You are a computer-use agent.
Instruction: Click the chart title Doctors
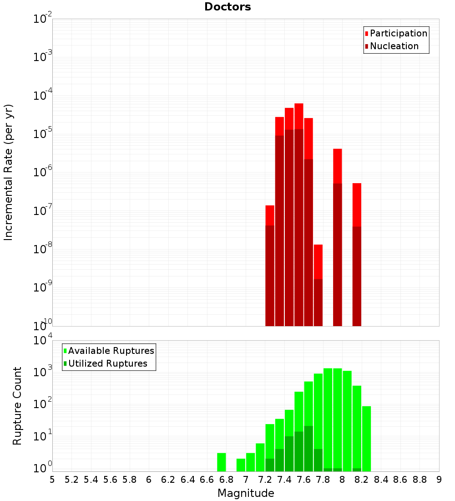[227, 7]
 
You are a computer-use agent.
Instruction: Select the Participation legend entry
[399, 34]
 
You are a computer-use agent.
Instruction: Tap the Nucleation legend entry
[394, 46]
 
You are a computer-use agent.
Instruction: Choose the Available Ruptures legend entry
[111, 351]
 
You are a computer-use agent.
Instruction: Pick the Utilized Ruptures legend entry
[107, 363]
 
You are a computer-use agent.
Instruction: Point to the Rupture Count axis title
[17, 406]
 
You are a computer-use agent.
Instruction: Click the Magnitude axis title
[246, 493]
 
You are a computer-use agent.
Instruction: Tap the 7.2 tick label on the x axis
[265, 480]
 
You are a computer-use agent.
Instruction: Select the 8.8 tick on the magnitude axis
[420, 480]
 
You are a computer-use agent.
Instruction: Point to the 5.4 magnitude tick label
[91, 480]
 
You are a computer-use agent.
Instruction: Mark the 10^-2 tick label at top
[42, 19]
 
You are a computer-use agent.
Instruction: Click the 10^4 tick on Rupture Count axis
[42, 341]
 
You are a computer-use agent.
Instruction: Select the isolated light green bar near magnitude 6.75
[222, 462]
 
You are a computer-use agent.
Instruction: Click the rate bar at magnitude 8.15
[357, 255]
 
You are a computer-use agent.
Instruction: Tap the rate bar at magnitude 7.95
[338, 237]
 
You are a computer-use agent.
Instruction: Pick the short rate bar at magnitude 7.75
[318, 285]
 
